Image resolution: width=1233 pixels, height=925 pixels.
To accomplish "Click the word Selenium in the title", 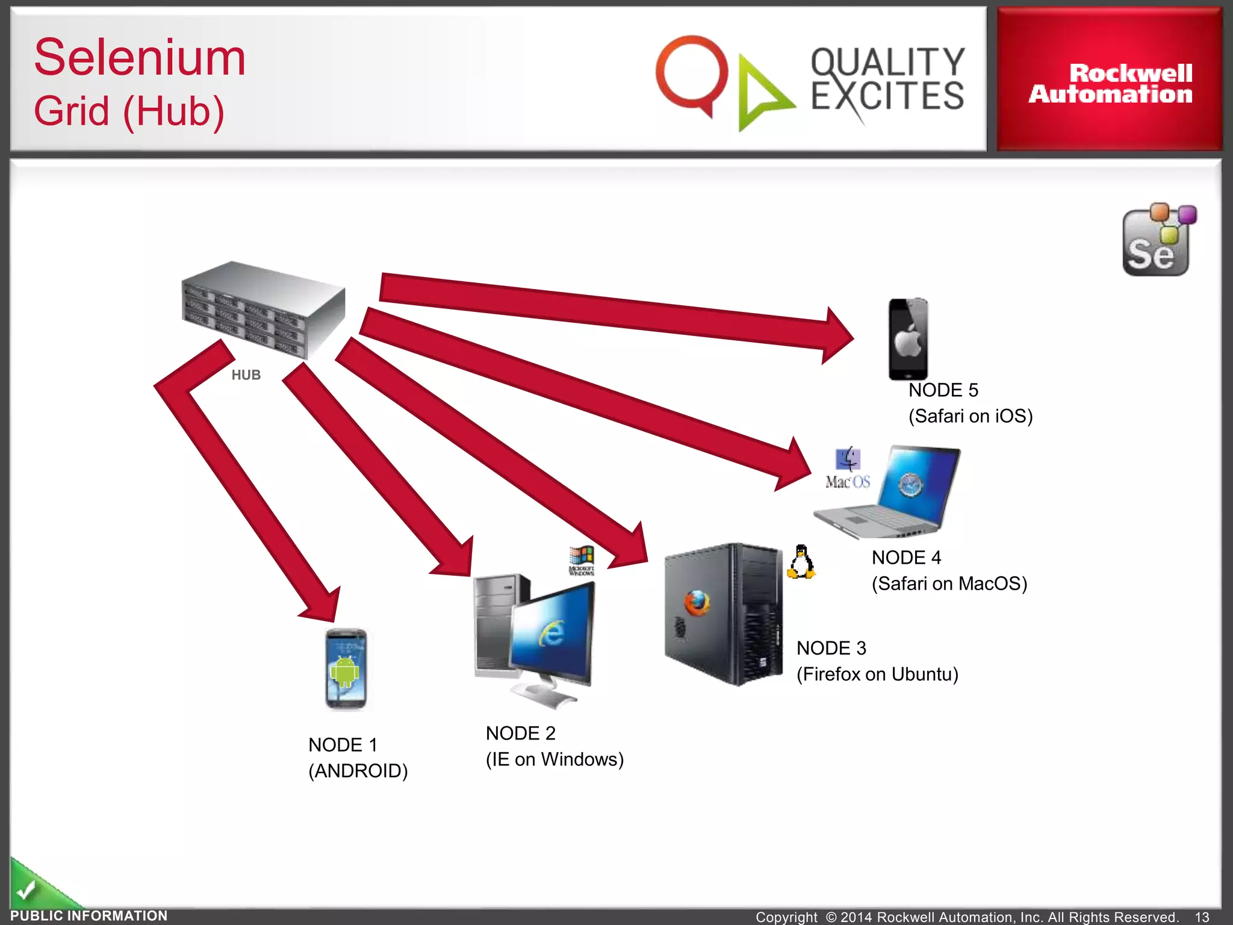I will (x=140, y=58).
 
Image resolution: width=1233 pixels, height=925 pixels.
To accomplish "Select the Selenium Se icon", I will (x=1157, y=241).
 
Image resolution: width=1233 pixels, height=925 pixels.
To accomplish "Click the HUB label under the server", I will (x=246, y=375).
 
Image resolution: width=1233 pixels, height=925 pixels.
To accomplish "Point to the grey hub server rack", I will (x=264, y=309).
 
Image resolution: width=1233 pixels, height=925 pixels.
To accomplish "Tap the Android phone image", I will (x=346, y=668).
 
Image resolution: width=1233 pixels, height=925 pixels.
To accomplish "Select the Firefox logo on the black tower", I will (x=697, y=603).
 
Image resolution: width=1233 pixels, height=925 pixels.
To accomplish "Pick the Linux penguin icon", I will (x=801, y=562).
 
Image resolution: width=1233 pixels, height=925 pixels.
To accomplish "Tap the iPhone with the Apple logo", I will (x=908, y=339).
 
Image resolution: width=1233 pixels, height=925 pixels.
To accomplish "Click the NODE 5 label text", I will (x=943, y=390).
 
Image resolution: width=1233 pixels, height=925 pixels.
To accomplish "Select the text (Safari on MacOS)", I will (x=949, y=584).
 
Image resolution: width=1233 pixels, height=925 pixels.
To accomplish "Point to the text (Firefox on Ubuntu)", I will (x=877, y=674).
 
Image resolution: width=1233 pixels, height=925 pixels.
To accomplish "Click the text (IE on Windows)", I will (x=554, y=759).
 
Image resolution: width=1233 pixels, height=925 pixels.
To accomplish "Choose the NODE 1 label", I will (x=343, y=745).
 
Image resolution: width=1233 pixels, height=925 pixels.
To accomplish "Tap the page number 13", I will (x=1202, y=917).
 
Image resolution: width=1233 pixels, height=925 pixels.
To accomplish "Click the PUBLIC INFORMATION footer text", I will (x=89, y=916).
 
